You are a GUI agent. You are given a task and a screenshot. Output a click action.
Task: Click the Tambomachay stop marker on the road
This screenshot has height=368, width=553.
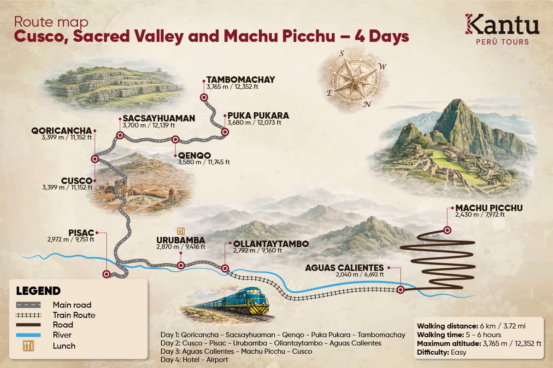[x=204, y=97]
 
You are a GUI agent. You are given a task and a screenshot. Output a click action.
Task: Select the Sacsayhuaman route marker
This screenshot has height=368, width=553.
[x=120, y=135]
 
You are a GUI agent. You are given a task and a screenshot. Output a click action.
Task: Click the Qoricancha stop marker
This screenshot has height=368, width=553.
[x=95, y=159]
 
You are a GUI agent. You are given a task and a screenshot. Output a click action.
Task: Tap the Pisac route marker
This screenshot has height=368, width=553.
[x=107, y=274]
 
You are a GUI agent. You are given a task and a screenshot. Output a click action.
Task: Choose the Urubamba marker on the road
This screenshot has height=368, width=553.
[x=181, y=265]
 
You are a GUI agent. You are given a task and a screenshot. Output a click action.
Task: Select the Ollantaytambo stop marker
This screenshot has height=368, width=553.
[x=225, y=268]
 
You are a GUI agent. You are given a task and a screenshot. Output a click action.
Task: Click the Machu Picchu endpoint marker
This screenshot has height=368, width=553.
[x=447, y=230]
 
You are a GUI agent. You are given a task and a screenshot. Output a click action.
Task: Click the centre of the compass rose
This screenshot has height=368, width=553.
[x=354, y=80]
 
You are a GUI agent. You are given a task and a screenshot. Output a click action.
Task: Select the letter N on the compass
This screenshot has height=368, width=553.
[x=367, y=103]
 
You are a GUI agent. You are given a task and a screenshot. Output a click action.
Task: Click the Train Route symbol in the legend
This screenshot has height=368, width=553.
[x=29, y=315]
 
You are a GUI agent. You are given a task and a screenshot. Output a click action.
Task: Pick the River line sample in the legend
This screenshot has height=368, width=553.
[x=29, y=335]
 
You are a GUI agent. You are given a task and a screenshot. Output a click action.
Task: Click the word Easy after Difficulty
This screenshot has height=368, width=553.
[x=459, y=352]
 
